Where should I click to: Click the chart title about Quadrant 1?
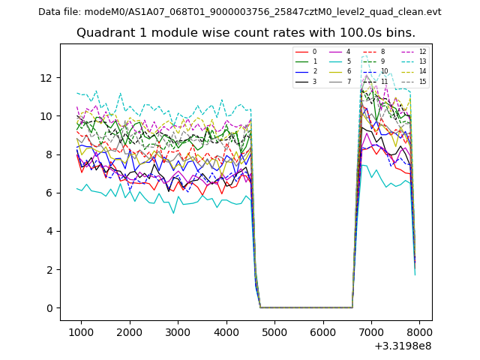point(245,33)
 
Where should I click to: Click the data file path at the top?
point(239,12)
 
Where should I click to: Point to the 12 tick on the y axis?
point(46,78)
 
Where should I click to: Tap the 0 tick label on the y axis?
point(50,308)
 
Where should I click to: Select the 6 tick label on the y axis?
point(50,193)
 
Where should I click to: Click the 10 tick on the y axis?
point(46,116)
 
